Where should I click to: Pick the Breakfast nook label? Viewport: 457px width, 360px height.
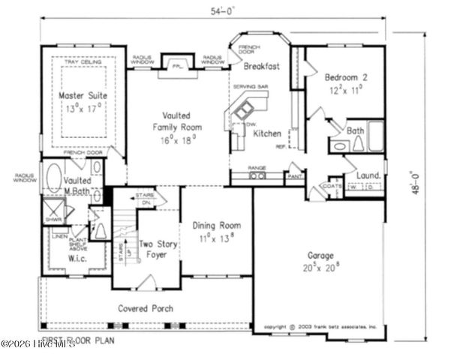(261, 66)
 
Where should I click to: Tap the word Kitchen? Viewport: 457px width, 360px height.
(266, 133)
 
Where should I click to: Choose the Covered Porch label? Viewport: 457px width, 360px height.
(146, 308)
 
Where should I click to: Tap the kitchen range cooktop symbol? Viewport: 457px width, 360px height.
(258, 176)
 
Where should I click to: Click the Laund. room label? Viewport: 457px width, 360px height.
(368, 176)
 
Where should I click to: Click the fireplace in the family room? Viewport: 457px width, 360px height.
(177, 66)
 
